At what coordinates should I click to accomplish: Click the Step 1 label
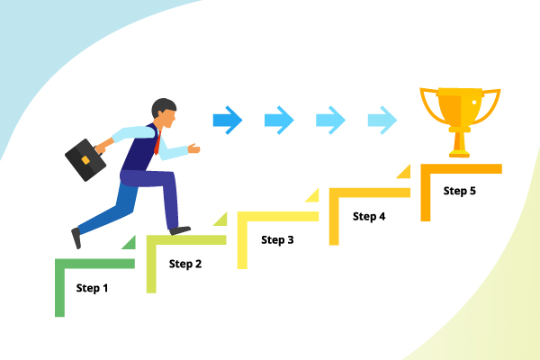[92, 289]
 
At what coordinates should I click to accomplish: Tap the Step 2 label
[184, 264]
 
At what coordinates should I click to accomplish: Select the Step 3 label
[277, 239]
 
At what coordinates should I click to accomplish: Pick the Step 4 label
[369, 216]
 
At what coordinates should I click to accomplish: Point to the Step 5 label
[460, 190]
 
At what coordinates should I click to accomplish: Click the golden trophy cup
[461, 113]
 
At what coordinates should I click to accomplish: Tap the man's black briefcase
[86, 160]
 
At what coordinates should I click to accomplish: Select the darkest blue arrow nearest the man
[228, 118]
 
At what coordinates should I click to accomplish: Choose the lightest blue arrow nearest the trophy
[382, 118]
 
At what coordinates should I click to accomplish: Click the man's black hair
[163, 105]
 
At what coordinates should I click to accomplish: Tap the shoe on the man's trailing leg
[76, 238]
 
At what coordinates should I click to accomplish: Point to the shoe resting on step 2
[180, 230]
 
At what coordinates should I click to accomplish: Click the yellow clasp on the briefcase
[85, 160]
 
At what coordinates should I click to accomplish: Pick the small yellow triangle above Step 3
[312, 194]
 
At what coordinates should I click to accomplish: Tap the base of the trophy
[461, 151]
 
